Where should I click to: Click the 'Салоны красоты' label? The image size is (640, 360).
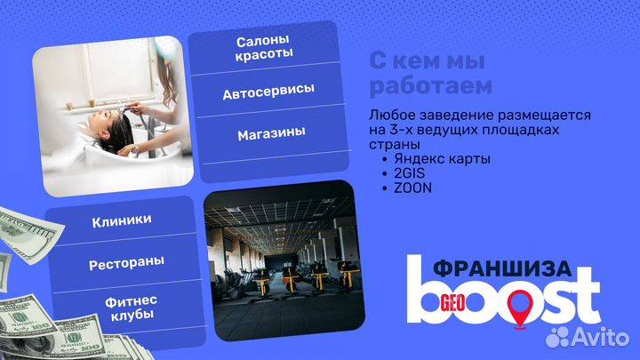pos(265,49)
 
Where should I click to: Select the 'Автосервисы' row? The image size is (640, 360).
pos(268,92)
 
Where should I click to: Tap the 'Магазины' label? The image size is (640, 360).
pos(271,133)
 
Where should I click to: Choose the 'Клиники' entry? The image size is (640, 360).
pos(122,220)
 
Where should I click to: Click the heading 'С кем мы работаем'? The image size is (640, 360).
pos(429,74)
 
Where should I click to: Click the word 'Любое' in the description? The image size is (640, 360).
pos(389,116)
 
